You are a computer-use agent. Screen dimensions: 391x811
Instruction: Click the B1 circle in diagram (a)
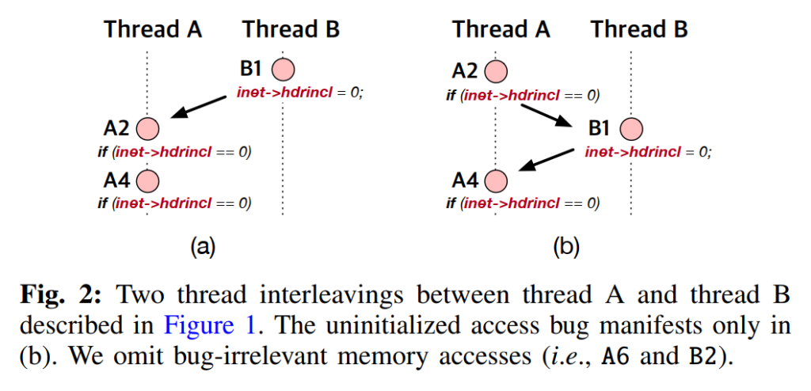(283, 70)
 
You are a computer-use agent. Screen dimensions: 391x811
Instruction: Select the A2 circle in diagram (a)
(147, 127)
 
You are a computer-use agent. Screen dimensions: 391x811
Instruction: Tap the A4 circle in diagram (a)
(147, 181)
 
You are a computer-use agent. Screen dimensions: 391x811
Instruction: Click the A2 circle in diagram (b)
(496, 72)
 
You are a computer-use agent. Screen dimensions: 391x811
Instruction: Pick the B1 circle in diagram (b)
(631, 128)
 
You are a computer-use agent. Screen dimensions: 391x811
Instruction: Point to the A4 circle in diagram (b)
(496, 181)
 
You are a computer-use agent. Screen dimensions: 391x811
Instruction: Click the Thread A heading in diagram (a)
(153, 30)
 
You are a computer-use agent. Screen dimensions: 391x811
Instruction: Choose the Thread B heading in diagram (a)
(291, 30)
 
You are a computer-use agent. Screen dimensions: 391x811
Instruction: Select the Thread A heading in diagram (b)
(501, 30)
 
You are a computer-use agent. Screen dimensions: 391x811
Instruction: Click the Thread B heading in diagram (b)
(639, 30)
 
